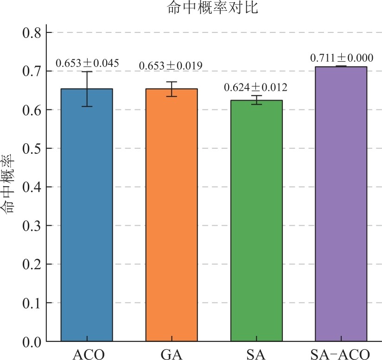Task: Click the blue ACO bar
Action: point(87,215)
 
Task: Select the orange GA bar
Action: point(172,215)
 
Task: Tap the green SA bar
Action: point(256,221)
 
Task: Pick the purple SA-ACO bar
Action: point(341,204)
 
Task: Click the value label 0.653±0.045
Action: point(87,63)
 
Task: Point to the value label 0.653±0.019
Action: point(171,66)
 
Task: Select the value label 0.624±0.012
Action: point(255,88)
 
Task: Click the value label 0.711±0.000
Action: point(342,58)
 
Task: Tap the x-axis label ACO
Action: point(89,354)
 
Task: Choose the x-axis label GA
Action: point(172,354)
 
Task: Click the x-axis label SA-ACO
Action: point(340,354)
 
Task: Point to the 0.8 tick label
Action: point(32,33)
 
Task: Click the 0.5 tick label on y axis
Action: point(32,148)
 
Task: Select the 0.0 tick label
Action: point(32,342)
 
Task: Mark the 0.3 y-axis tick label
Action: point(32,226)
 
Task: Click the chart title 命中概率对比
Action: point(212,7)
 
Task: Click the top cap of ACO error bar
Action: point(87,71)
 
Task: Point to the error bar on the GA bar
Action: point(172,89)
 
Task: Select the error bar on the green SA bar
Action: point(256,100)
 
